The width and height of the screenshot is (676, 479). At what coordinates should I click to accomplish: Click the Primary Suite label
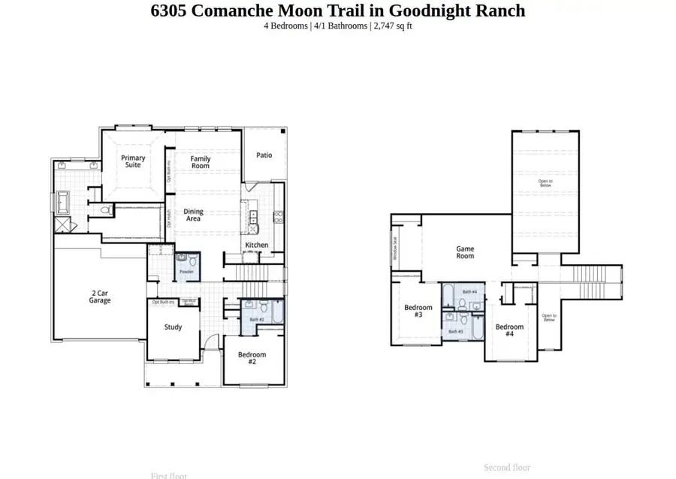(x=133, y=161)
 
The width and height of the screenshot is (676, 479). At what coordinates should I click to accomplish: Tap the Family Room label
(x=201, y=162)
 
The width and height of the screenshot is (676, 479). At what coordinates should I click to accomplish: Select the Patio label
(x=264, y=155)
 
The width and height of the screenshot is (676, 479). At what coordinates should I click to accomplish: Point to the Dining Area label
(x=194, y=215)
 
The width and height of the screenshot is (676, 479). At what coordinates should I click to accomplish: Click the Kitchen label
(x=256, y=246)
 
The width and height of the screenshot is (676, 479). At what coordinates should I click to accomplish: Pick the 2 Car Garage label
(x=100, y=297)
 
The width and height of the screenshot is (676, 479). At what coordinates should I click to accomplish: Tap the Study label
(x=174, y=327)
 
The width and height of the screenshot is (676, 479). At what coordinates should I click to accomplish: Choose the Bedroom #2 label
(x=252, y=358)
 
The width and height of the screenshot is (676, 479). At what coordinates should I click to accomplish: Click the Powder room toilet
(x=192, y=262)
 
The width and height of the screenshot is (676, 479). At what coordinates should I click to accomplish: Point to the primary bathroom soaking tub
(x=62, y=203)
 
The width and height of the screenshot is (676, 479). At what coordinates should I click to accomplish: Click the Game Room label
(x=465, y=252)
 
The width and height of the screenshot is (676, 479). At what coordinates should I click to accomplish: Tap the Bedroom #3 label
(x=418, y=312)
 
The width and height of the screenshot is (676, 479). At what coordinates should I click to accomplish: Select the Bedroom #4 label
(x=509, y=330)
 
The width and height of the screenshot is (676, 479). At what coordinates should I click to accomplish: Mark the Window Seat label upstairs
(x=395, y=249)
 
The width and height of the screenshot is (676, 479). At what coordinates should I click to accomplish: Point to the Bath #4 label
(x=469, y=291)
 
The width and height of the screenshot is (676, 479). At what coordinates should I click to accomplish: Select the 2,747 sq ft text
(x=393, y=26)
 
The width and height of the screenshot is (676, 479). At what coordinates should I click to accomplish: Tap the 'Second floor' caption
(x=507, y=468)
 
